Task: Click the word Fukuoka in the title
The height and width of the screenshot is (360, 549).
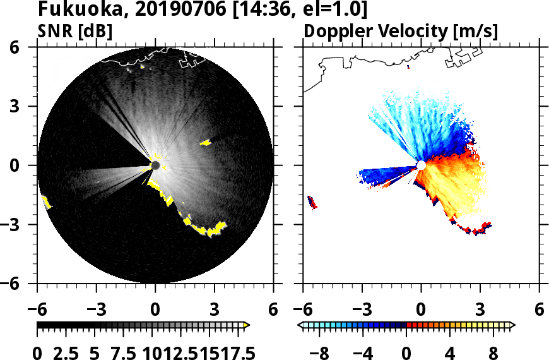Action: coord(70,10)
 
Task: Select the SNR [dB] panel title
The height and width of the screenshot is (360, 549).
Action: coord(75,31)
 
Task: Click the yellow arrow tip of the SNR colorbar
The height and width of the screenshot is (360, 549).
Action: coord(247,325)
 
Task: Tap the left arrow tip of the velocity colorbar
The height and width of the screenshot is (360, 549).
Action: coord(300,325)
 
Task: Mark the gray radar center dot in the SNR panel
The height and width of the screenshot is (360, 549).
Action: coord(155,165)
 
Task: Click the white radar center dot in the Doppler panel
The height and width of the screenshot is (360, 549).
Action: coord(421,165)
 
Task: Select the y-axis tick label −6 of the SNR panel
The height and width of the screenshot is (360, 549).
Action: coord(21,284)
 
